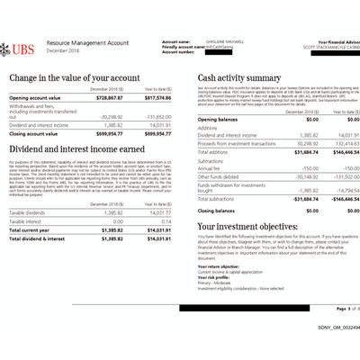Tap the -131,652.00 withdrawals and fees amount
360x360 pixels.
click(157, 116)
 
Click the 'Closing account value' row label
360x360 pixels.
click(36, 133)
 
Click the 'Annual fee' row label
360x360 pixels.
click(209, 167)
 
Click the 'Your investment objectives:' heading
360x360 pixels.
click(247, 226)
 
